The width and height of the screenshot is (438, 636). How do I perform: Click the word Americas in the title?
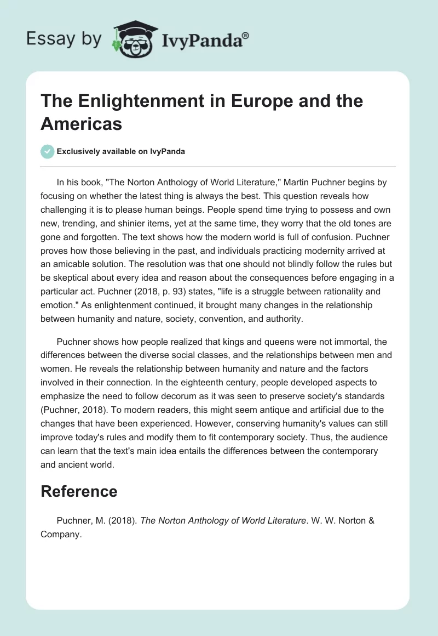point(81,123)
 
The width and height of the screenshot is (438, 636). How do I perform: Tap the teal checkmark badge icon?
point(47,151)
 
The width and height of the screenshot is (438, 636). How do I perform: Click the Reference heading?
point(79,491)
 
